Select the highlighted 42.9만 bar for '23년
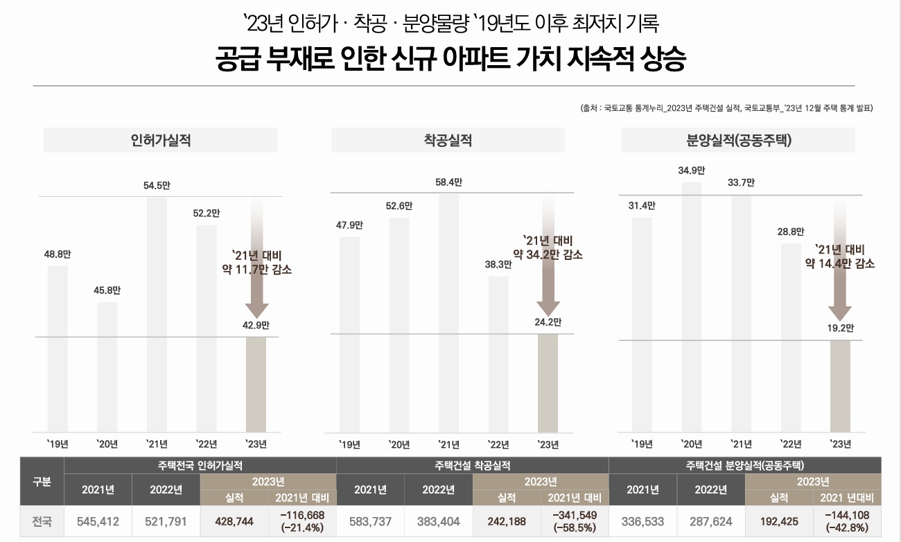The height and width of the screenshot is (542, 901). (256, 384)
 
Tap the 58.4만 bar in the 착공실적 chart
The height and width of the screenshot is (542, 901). (448, 312)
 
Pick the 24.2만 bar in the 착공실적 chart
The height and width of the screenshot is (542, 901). (548, 383)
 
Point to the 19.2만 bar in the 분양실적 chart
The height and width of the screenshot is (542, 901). (840, 386)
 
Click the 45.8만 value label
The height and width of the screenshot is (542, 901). (107, 290)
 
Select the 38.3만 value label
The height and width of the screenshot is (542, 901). (498, 264)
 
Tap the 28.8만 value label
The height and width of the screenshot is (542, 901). (790, 231)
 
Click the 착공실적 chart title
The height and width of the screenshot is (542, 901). (448, 140)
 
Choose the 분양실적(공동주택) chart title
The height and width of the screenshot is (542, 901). (738, 140)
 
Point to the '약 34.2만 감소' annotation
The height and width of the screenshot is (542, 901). (548, 255)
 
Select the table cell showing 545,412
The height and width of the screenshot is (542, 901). (98, 522)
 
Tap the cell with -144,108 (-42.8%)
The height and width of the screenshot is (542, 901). (847, 522)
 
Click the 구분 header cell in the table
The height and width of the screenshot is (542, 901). (42, 482)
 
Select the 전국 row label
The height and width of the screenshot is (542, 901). (42, 522)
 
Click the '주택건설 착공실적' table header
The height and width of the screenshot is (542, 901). (472, 465)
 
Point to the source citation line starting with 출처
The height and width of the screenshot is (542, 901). (726, 108)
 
